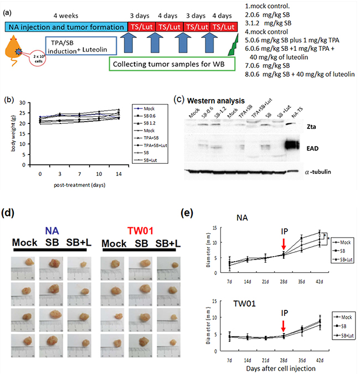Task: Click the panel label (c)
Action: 179,100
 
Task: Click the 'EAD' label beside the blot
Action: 321,149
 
